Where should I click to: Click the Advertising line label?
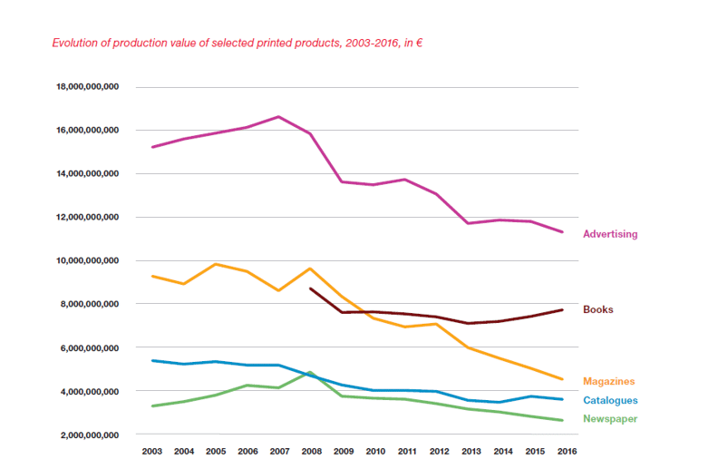click(x=610, y=234)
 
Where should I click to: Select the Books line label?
click(x=597, y=309)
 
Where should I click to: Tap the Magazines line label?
click(x=608, y=381)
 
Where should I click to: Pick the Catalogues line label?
click(x=610, y=400)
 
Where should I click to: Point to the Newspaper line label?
click(x=610, y=418)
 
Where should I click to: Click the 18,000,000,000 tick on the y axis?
click(x=88, y=87)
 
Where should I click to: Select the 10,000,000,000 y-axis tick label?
click(x=88, y=260)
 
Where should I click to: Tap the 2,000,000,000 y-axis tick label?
click(x=91, y=435)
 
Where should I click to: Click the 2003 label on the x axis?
click(x=152, y=451)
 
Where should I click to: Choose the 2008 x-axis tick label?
click(x=310, y=451)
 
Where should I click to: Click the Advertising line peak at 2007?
click(x=278, y=116)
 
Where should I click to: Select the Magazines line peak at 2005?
click(x=216, y=264)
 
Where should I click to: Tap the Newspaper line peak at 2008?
click(x=310, y=372)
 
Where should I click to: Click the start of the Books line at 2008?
click(x=310, y=288)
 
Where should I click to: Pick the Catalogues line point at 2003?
click(x=152, y=360)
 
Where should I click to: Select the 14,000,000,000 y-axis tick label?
click(x=88, y=173)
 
